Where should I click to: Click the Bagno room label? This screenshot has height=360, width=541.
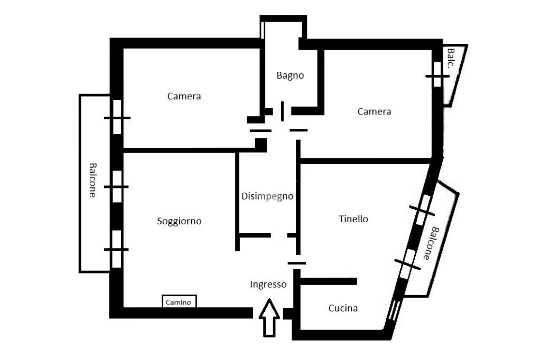point(290,75)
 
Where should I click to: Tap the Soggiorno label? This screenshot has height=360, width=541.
point(179,221)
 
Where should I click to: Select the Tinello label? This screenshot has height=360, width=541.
point(353,219)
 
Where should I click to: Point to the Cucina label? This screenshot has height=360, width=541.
point(343,308)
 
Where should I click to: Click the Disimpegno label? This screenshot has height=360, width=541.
point(267,196)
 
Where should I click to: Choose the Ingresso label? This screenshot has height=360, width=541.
point(268,285)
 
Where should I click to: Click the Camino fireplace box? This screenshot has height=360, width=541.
point(179,302)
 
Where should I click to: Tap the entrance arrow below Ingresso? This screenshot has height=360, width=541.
point(270,318)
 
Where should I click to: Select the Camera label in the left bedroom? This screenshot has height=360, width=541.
point(184,96)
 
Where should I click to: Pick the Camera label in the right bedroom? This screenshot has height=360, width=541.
point(374,111)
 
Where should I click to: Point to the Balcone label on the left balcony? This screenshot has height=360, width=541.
point(92,179)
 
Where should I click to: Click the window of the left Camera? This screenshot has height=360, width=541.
point(117,117)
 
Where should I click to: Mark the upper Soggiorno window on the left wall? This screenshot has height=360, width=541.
point(117,186)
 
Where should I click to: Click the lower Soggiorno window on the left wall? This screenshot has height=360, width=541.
point(116,249)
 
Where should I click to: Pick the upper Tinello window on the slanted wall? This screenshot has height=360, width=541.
point(422,211)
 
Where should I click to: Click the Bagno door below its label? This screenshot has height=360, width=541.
point(282,111)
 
